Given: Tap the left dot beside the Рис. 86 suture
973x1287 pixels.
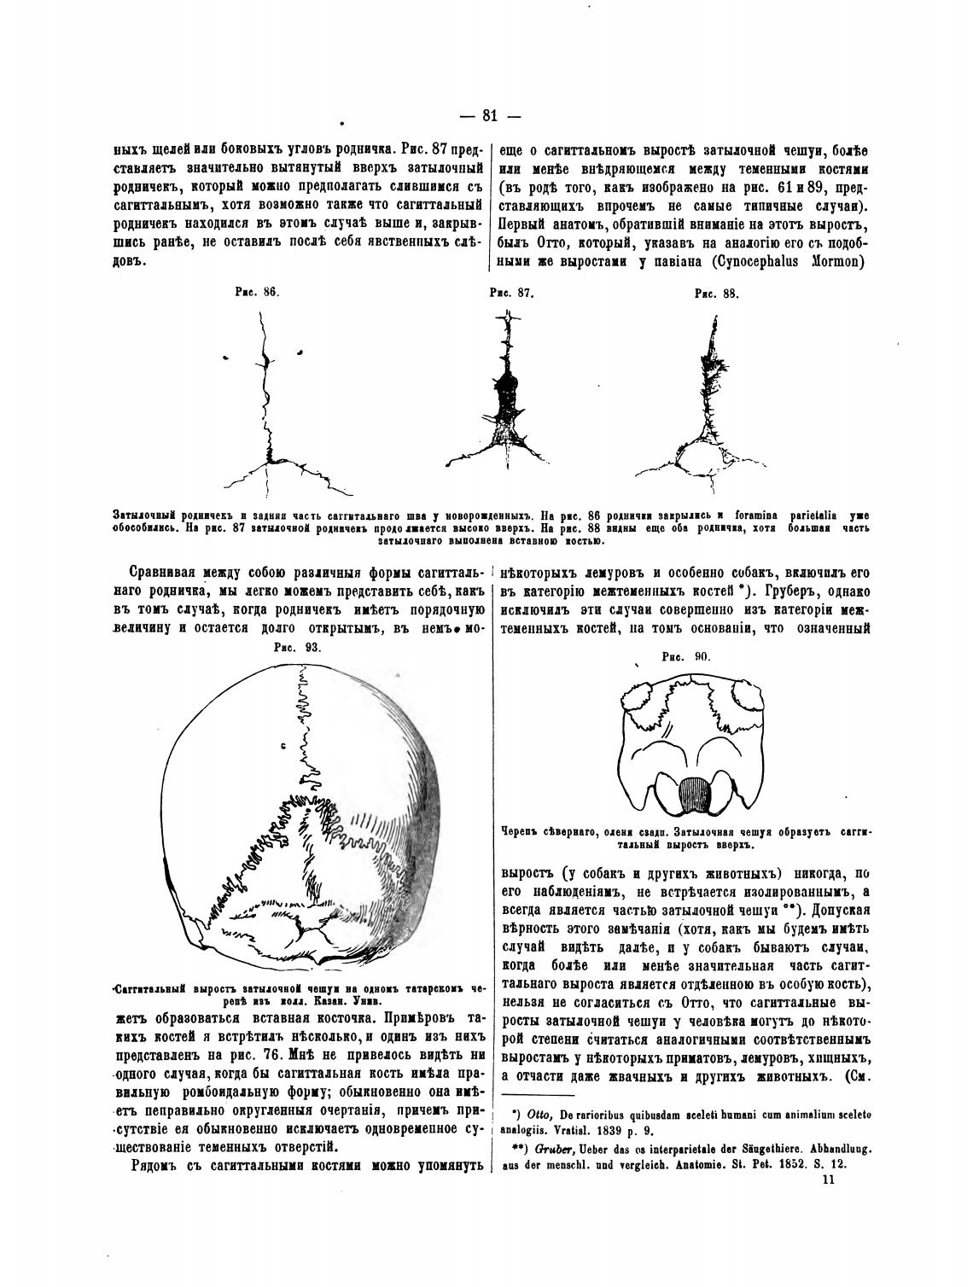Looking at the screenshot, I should point(225,354).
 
